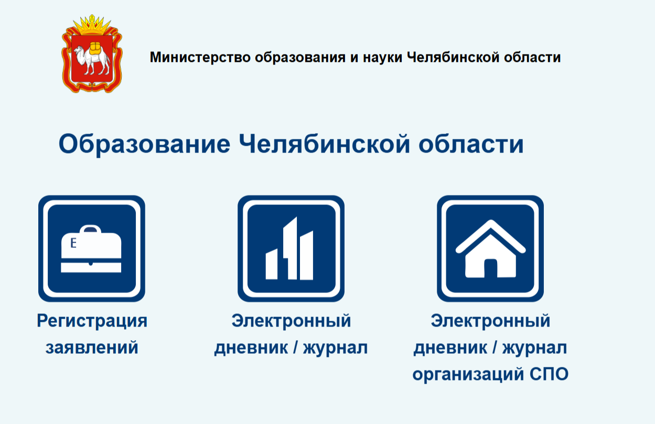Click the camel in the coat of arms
92,59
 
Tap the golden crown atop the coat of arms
92,25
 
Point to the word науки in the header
382,57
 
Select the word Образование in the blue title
144,144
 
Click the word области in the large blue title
471,144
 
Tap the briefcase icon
91,248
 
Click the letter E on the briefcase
73,243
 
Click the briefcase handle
90,229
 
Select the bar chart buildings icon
289,248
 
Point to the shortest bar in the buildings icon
271,264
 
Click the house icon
490,248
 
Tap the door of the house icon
490,268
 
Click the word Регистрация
92,321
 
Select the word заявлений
92,347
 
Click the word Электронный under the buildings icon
291,321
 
